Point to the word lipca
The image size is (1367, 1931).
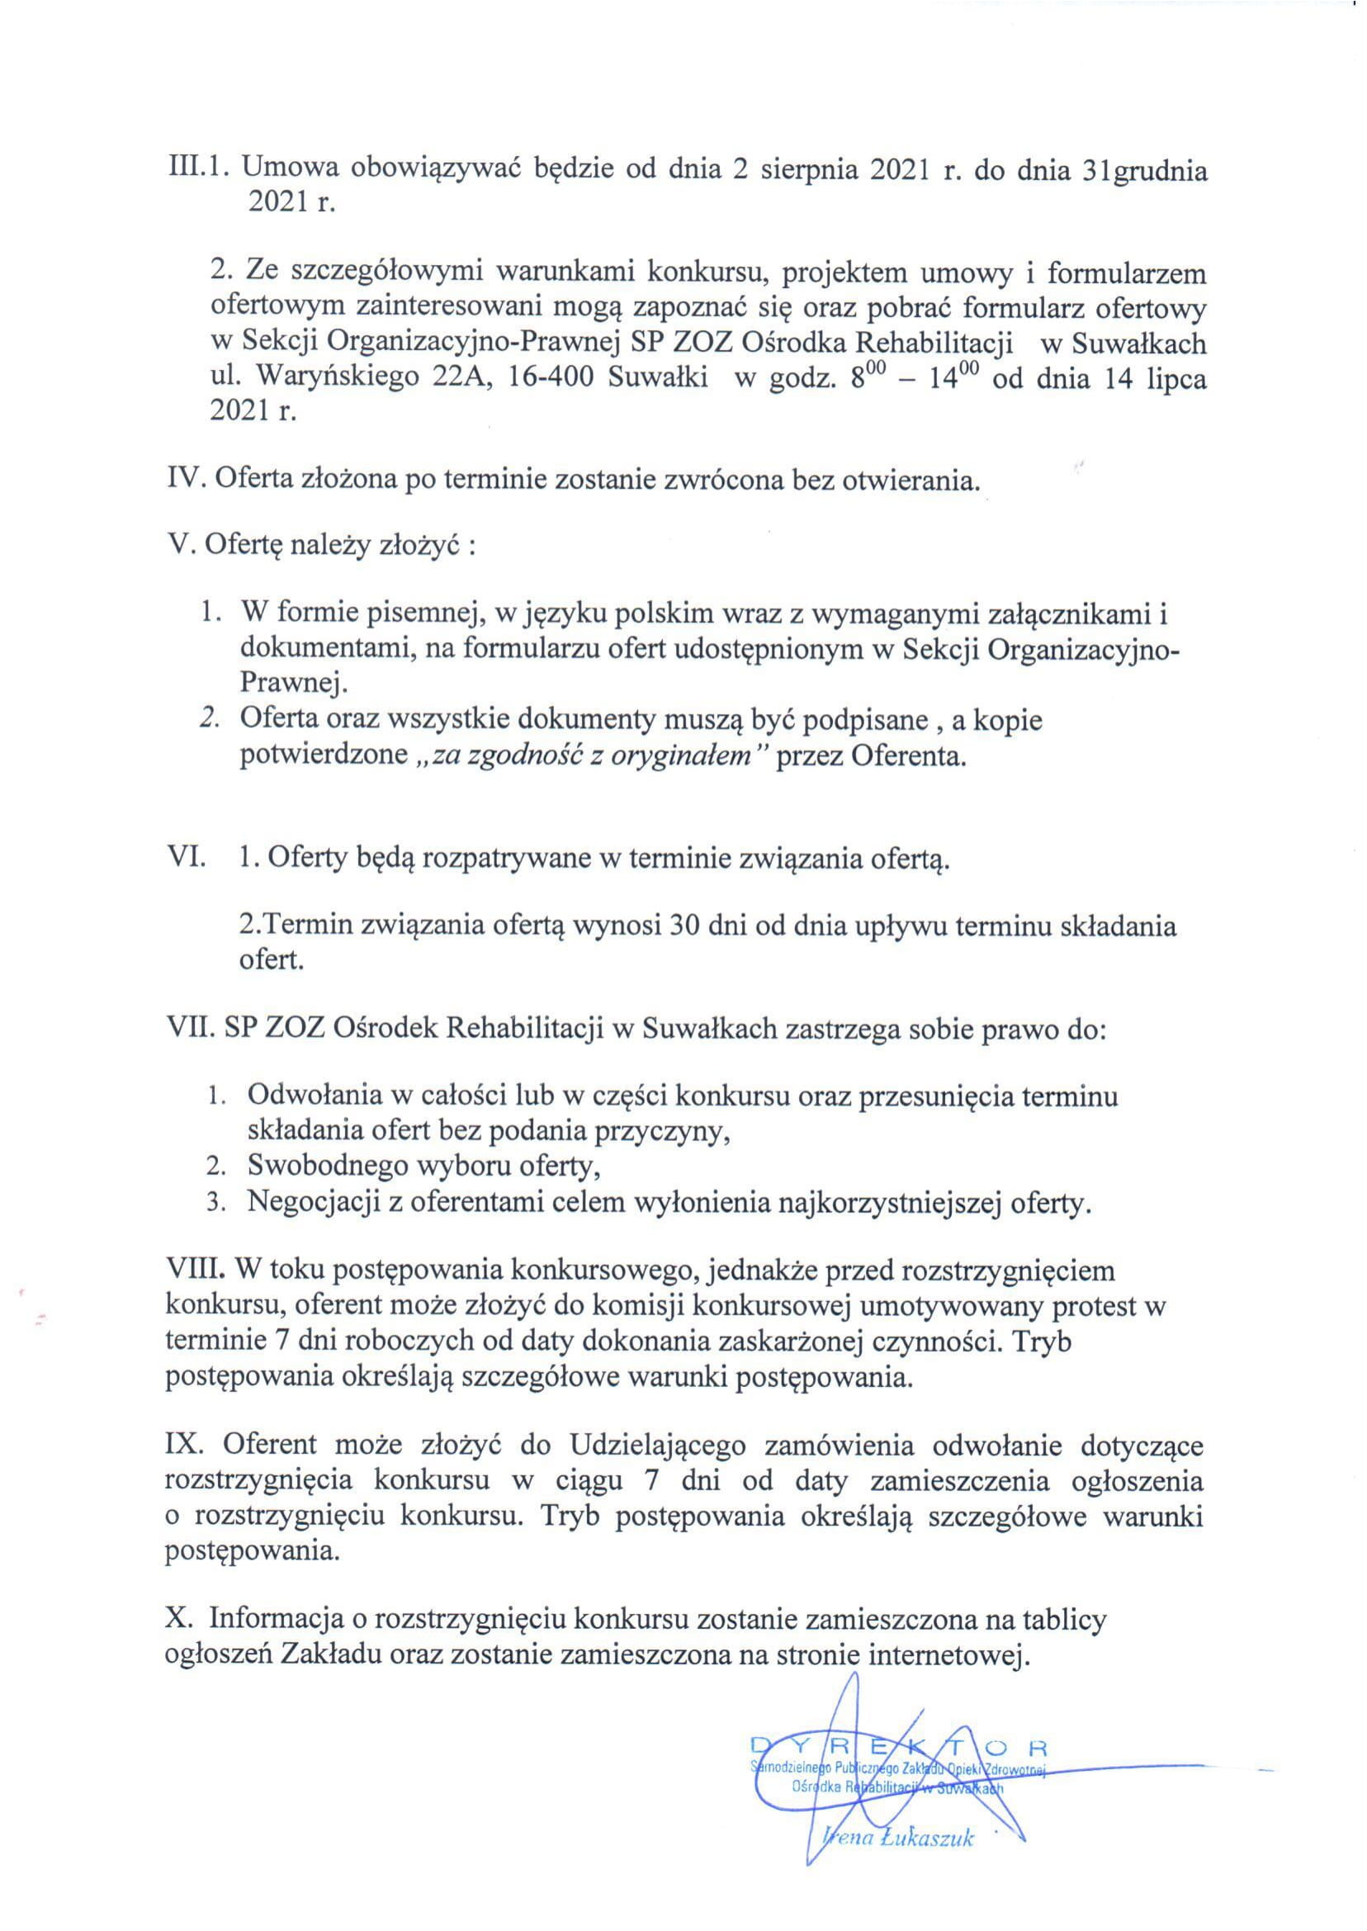1177,379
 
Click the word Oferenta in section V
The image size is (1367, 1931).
906,756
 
